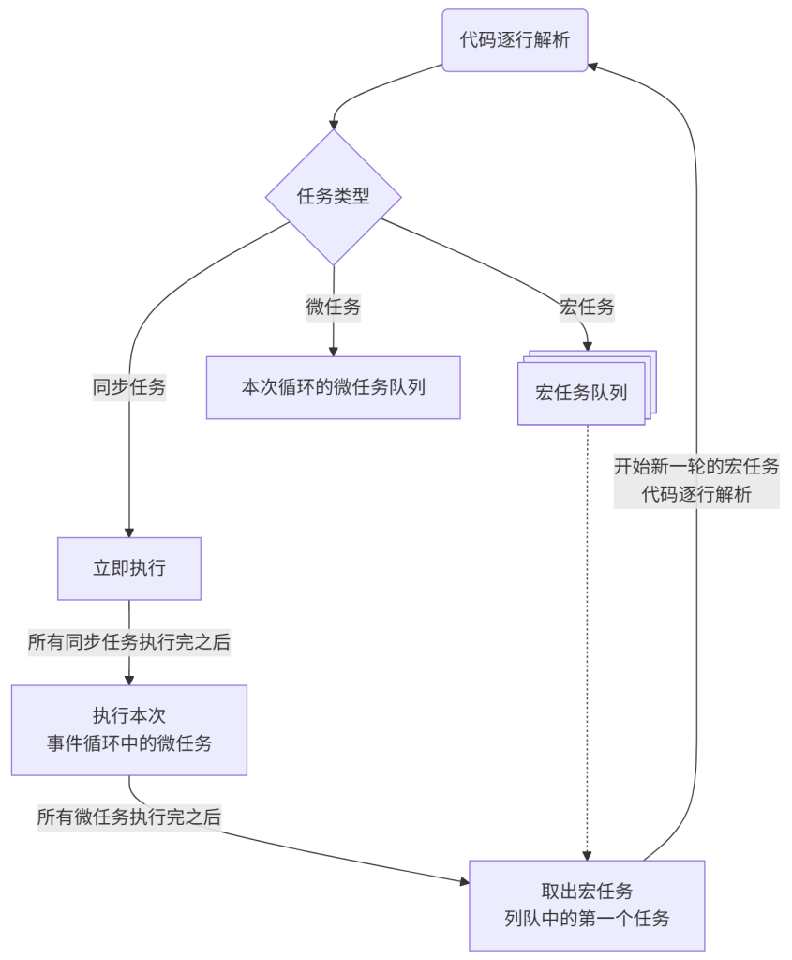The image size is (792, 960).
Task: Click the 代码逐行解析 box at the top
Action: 515,40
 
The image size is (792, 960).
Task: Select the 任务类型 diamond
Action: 334,197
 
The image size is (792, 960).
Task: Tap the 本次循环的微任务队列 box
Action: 334,387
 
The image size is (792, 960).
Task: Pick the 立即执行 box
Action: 129,568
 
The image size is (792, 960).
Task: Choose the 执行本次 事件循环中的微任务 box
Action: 129,729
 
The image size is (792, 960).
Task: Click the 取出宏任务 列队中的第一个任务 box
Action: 587,905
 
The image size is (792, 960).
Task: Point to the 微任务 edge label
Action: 334,307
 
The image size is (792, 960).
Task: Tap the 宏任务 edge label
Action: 587,307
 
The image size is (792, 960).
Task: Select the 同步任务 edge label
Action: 129,387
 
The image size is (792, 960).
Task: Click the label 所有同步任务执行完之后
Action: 129,642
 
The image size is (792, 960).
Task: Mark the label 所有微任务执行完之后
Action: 129,817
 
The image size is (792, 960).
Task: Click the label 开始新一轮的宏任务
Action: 696,466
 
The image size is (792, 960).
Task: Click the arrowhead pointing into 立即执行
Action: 129,531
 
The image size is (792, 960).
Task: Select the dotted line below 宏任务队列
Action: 588,637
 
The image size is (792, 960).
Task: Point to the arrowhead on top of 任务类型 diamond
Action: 334,123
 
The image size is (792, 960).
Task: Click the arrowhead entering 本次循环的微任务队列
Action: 334,350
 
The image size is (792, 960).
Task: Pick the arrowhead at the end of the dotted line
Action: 588,854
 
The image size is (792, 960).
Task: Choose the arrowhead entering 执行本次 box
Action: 129,679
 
